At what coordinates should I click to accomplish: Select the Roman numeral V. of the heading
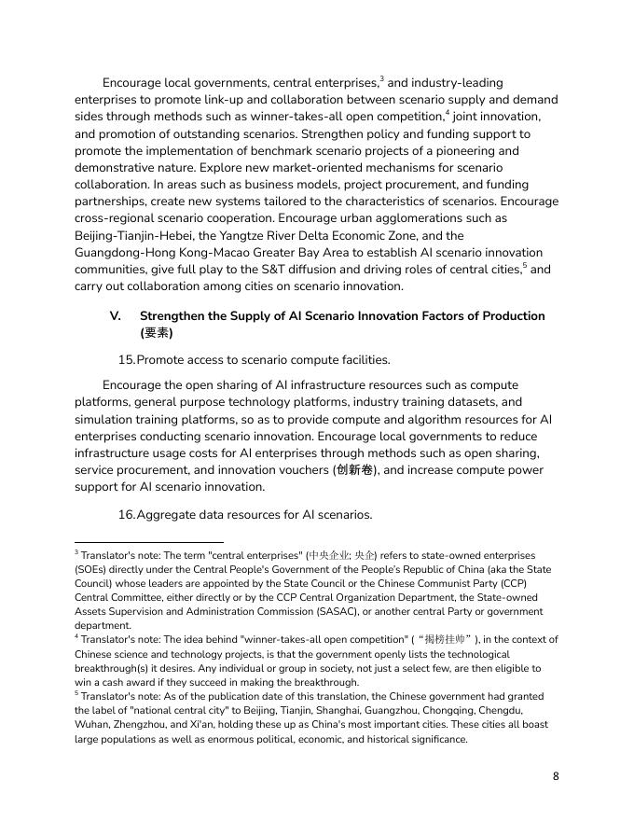pos(117,316)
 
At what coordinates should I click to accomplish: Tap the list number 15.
pos(126,359)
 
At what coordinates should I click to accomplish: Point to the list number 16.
pos(126,514)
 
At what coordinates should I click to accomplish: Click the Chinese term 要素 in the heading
pos(155,332)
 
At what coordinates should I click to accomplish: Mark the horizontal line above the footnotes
pos(149,541)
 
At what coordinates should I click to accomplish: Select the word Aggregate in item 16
pos(168,514)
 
